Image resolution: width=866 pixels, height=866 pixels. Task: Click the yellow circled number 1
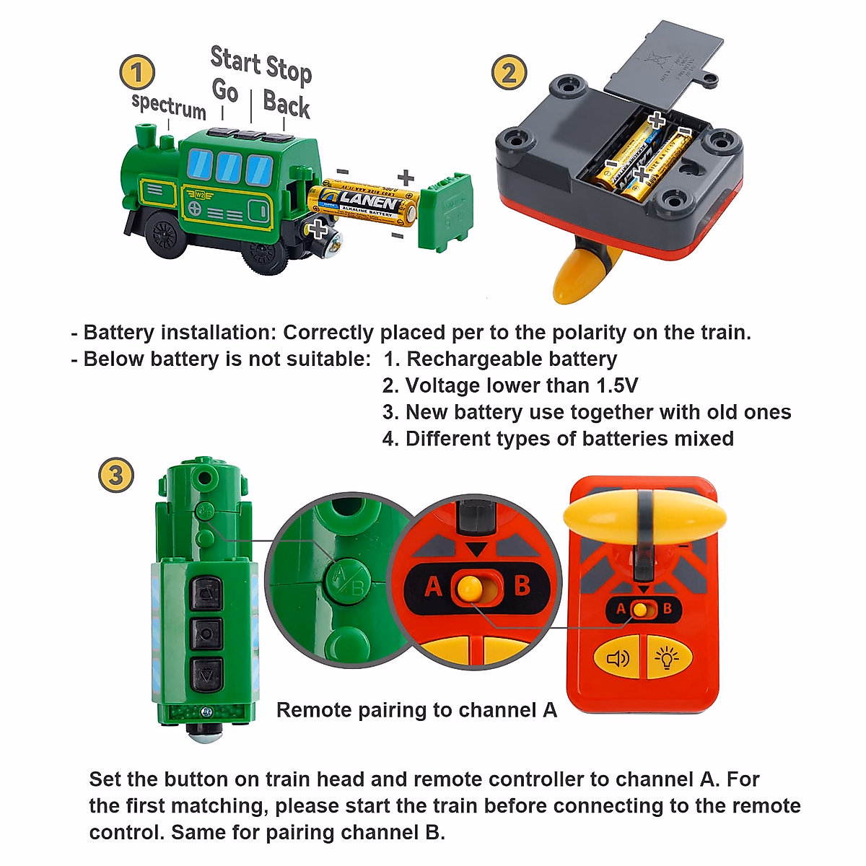click(137, 73)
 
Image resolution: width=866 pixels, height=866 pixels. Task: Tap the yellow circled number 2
click(509, 73)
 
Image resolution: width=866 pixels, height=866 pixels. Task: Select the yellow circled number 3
click(115, 476)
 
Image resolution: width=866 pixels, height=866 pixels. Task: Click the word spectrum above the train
click(169, 106)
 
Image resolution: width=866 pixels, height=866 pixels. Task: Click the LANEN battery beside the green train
click(364, 202)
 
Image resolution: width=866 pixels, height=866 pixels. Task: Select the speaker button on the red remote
click(618, 658)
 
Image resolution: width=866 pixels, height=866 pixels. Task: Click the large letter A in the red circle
click(433, 587)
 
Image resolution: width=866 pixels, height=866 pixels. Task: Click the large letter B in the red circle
click(522, 585)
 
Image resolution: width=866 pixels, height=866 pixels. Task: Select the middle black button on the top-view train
click(206, 634)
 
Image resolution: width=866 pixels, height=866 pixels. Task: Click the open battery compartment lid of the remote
click(662, 61)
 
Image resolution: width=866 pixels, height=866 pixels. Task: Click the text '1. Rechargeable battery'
click(500, 359)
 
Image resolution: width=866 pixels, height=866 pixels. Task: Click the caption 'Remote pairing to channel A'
click(416, 710)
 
